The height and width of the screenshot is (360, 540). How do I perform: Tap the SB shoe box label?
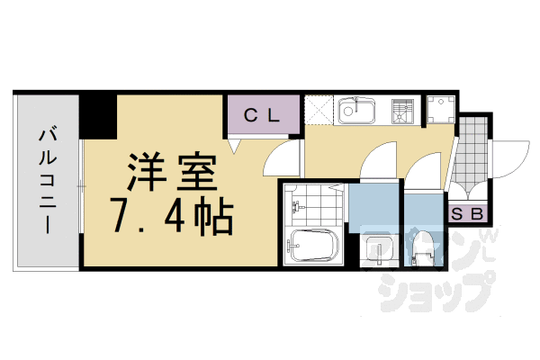pyautogui.click(x=469, y=214)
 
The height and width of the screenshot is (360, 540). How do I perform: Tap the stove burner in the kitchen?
pyautogui.click(x=401, y=112)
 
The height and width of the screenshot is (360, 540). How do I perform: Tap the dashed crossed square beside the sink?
pyautogui.click(x=319, y=112)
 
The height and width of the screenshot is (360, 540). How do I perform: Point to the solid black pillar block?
pyautogui.click(x=99, y=112)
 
